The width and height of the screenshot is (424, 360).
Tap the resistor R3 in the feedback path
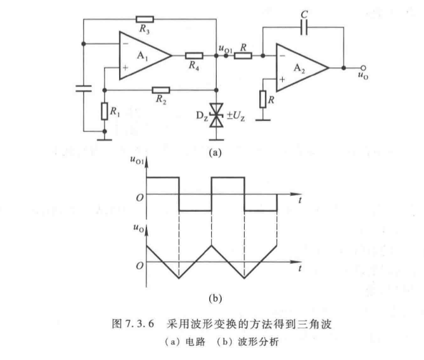click(145, 19)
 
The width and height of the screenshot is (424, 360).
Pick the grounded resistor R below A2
click(262, 100)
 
